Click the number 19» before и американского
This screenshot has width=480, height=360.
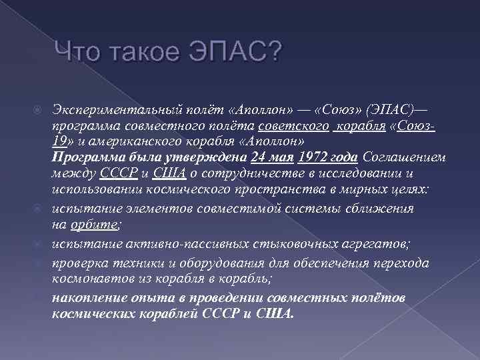tap(63, 143)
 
